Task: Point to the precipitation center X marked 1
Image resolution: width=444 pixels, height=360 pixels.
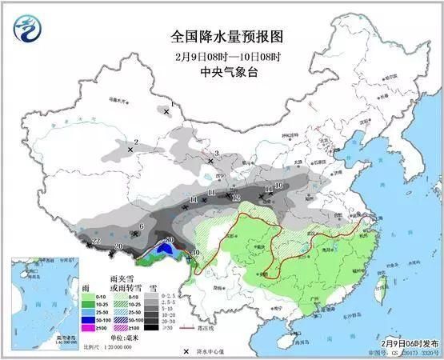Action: pyautogui.click(x=166, y=112)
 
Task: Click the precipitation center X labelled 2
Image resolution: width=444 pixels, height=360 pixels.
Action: pyautogui.click(x=130, y=149)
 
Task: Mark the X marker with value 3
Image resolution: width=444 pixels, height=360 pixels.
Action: pyautogui.click(x=210, y=161)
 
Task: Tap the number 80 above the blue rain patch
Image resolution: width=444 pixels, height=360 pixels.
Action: pyautogui.click(x=169, y=241)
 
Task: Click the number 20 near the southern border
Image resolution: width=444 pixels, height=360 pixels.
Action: pyautogui.click(x=118, y=246)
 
